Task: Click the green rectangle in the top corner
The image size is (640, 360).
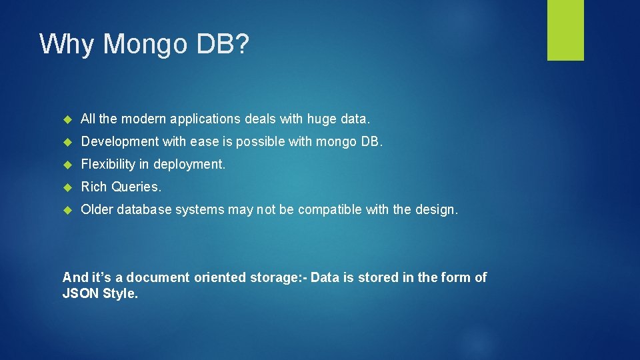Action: coord(565,30)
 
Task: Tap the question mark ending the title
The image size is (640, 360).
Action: coord(242,45)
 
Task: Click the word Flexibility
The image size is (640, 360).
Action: coord(107,164)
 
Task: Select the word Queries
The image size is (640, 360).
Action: coord(136,187)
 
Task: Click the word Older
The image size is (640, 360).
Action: coord(97,209)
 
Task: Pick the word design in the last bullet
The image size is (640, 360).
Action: coord(436,209)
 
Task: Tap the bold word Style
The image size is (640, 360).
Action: coord(121,293)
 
